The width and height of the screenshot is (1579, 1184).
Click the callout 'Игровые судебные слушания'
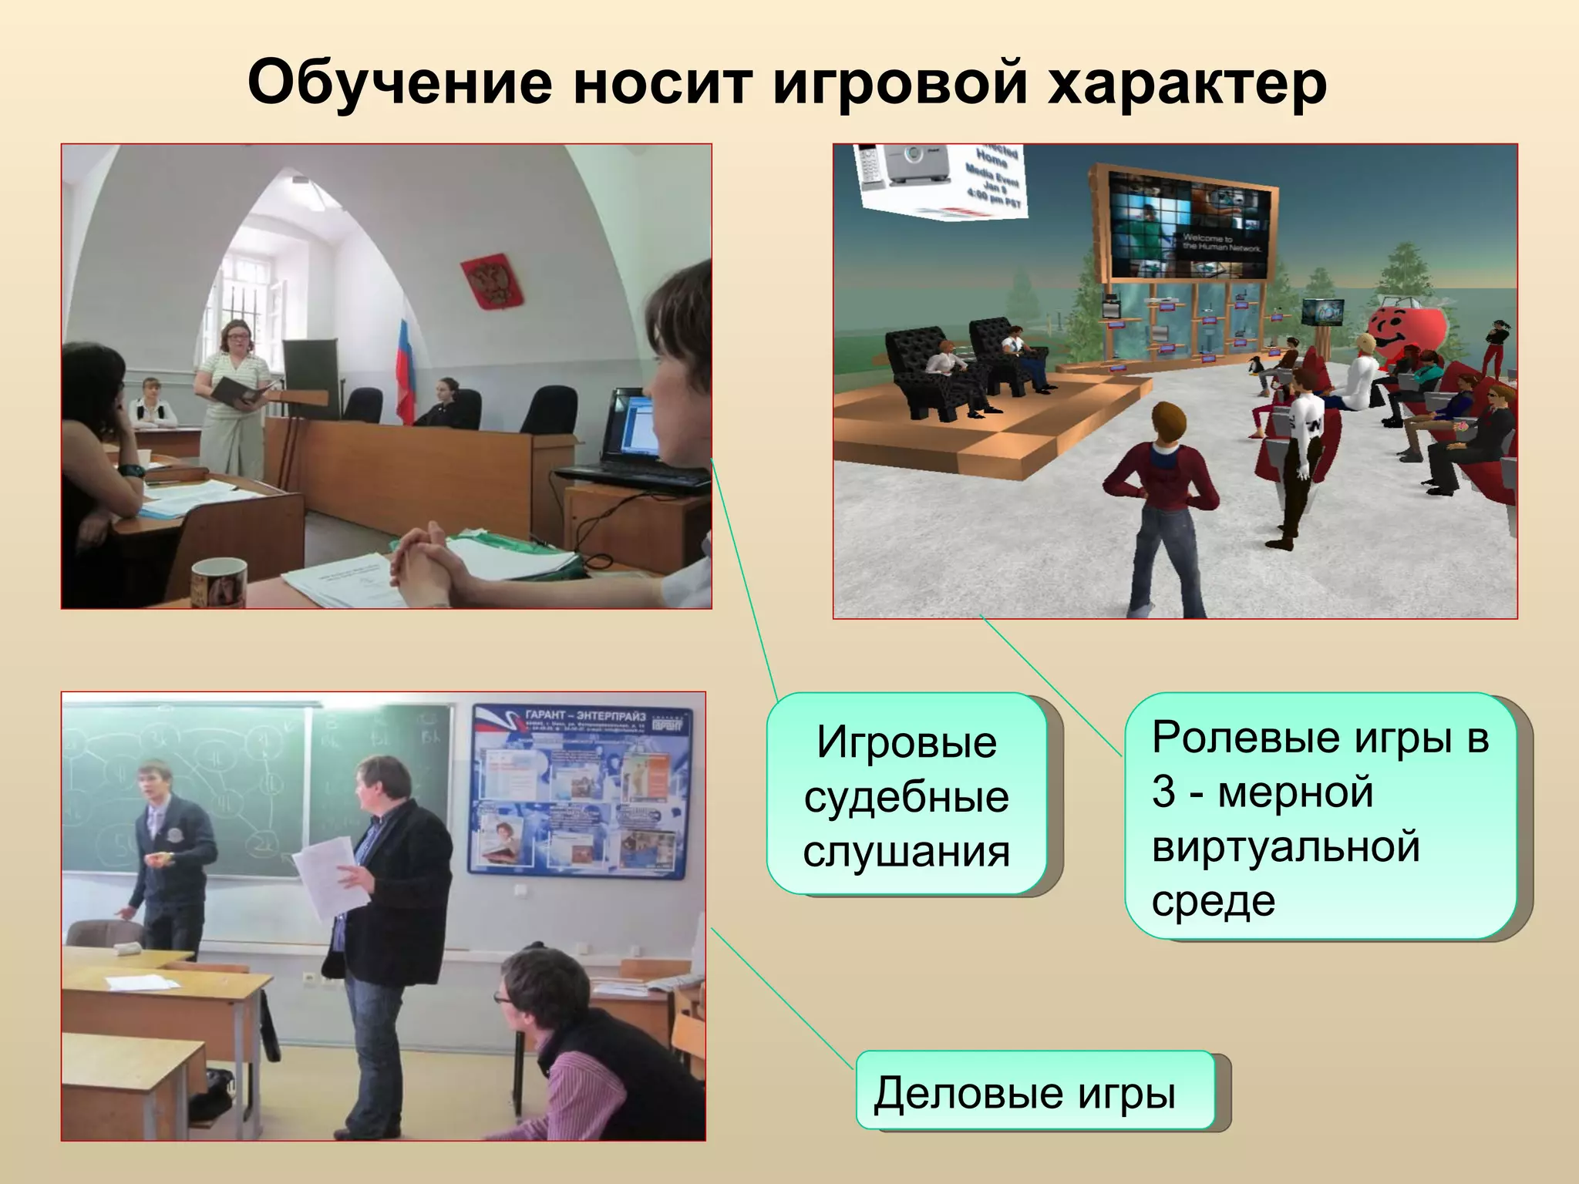click(x=907, y=794)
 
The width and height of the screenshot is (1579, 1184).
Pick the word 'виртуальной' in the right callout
click(x=1285, y=846)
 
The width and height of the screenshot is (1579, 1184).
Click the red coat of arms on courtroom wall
click(x=491, y=283)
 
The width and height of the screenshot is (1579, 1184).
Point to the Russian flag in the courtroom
click(x=406, y=362)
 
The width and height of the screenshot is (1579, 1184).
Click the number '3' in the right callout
click(x=1163, y=792)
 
